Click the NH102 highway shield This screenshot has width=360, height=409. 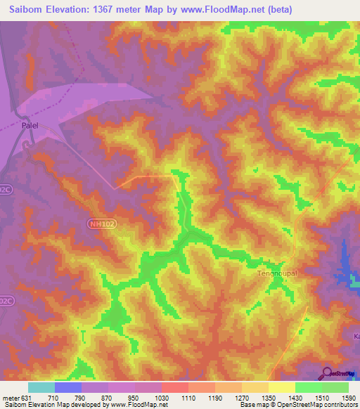coord(102,224)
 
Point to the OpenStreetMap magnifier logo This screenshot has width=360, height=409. coord(327,374)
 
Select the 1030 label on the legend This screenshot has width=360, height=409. coord(162,397)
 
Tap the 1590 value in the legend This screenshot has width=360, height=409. coord(349,397)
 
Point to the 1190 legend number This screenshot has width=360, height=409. coord(215,397)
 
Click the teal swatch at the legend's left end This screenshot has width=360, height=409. coord(41,387)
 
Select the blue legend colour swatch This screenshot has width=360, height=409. coord(68,387)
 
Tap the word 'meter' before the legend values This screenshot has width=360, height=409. coord(12,397)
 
